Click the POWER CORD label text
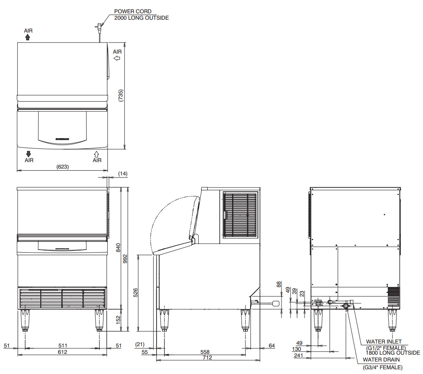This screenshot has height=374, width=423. coord(133,11)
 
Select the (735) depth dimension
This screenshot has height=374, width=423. coord(121,96)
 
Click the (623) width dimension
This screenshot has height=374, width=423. coord(62,167)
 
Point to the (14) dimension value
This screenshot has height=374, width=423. coord(123,174)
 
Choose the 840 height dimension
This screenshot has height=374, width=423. coord(118,248)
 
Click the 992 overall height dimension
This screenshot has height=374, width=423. coord(125,259)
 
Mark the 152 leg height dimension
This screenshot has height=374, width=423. coord(118,320)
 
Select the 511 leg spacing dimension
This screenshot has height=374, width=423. coord(63,345)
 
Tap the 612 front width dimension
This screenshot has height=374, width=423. coord(62,352)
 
